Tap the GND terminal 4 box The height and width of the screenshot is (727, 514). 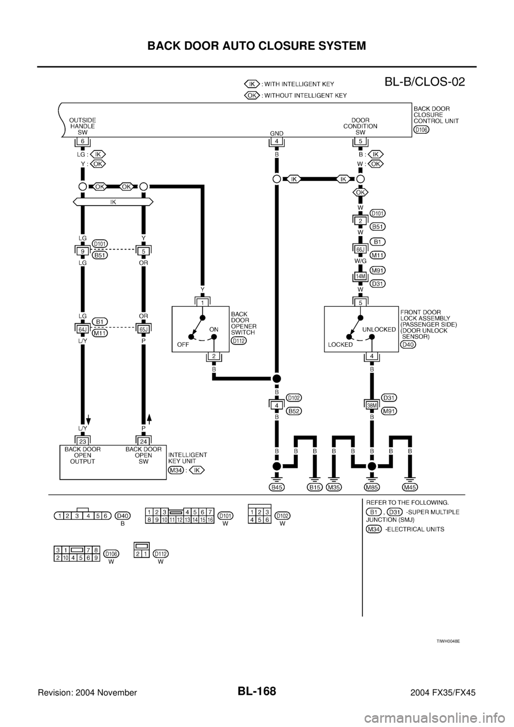276,142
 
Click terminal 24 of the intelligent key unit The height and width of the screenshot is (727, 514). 145,441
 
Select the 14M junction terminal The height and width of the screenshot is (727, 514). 360,277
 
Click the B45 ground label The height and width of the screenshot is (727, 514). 276,487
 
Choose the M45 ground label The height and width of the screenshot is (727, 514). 411,487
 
